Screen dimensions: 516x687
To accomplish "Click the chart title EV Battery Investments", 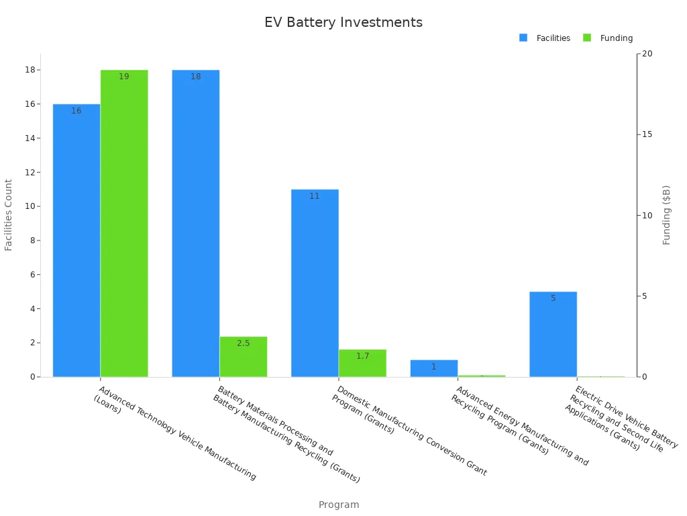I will click(343, 22).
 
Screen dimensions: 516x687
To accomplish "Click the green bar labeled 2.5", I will click(243, 357).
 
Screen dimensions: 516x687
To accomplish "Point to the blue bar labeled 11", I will click(315, 283).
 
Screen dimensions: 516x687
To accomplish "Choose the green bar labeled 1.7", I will click(362, 363).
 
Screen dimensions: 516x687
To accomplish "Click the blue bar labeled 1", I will click(433, 368).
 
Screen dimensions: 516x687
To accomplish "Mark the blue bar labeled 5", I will click(553, 334).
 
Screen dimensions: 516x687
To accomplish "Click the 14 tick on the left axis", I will click(30, 138).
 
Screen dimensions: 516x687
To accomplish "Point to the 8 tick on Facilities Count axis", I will click(32, 241).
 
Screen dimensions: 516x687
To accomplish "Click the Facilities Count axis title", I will click(9, 215).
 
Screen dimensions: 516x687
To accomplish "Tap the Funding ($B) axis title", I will click(666, 215).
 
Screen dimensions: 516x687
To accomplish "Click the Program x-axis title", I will click(339, 505).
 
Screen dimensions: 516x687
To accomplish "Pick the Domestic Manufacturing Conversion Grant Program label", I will click(410, 430).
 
